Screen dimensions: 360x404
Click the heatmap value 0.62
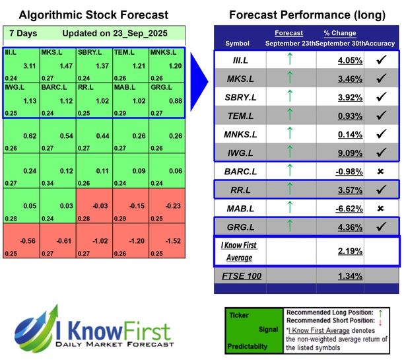point(28,136)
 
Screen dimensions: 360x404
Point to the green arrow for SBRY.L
point(288,97)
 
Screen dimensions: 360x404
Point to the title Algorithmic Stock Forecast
point(93,15)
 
